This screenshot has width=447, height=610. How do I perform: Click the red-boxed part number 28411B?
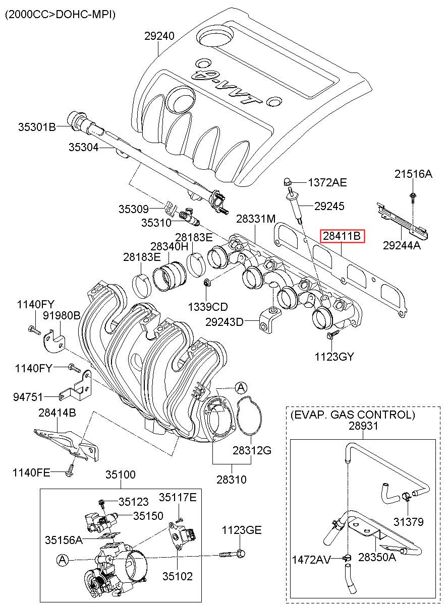coord(342,236)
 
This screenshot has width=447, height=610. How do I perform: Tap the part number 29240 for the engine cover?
coord(159,36)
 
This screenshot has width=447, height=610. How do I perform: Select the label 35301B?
coord(37,127)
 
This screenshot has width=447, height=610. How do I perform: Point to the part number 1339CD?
coord(208,307)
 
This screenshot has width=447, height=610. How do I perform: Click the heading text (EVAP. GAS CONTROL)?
coord(353,415)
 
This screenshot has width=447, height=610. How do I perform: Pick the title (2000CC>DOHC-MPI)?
coord(60,15)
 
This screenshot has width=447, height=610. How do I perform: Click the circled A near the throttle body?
coord(63,560)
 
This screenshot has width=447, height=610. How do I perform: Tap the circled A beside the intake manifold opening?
coord(241,387)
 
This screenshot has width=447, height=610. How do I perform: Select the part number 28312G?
coord(252,451)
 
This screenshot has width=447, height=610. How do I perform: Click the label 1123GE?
coord(242,530)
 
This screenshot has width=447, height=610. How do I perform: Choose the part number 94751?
coord(28,397)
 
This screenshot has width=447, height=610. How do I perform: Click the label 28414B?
coord(58,413)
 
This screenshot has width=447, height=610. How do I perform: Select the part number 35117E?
coord(178,497)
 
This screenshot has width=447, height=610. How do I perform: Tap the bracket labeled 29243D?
coord(270,321)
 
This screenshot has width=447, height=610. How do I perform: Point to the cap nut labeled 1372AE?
coord(287,181)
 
